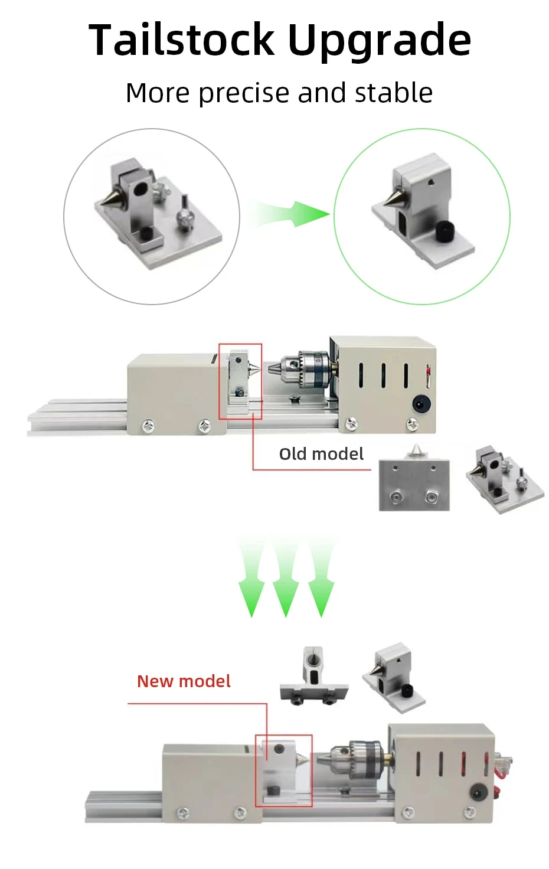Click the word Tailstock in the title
point(182,40)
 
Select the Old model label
point(321,454)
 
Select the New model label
point(184,681)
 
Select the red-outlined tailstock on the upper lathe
point(240,381)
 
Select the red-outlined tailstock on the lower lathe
point(283,770)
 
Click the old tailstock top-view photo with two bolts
point(414,482)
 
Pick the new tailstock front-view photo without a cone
point(313,676)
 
